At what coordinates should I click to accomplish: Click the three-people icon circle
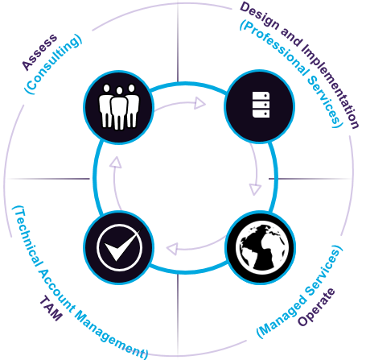118,107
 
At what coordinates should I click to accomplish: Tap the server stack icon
261,105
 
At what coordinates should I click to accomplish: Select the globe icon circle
260,247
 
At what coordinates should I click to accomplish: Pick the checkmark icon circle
118,247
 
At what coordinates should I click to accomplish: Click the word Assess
39,52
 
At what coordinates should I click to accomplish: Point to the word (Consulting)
53,64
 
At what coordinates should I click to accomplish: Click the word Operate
316,307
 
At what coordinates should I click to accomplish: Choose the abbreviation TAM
51,308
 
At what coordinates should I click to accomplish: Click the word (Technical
27,236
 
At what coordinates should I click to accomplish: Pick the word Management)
111,336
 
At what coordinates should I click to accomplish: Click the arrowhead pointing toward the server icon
199,103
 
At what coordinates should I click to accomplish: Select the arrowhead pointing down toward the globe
255,189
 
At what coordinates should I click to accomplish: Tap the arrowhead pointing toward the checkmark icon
172,249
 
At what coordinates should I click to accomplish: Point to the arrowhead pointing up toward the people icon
116,163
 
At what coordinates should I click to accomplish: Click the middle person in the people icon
119,108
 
